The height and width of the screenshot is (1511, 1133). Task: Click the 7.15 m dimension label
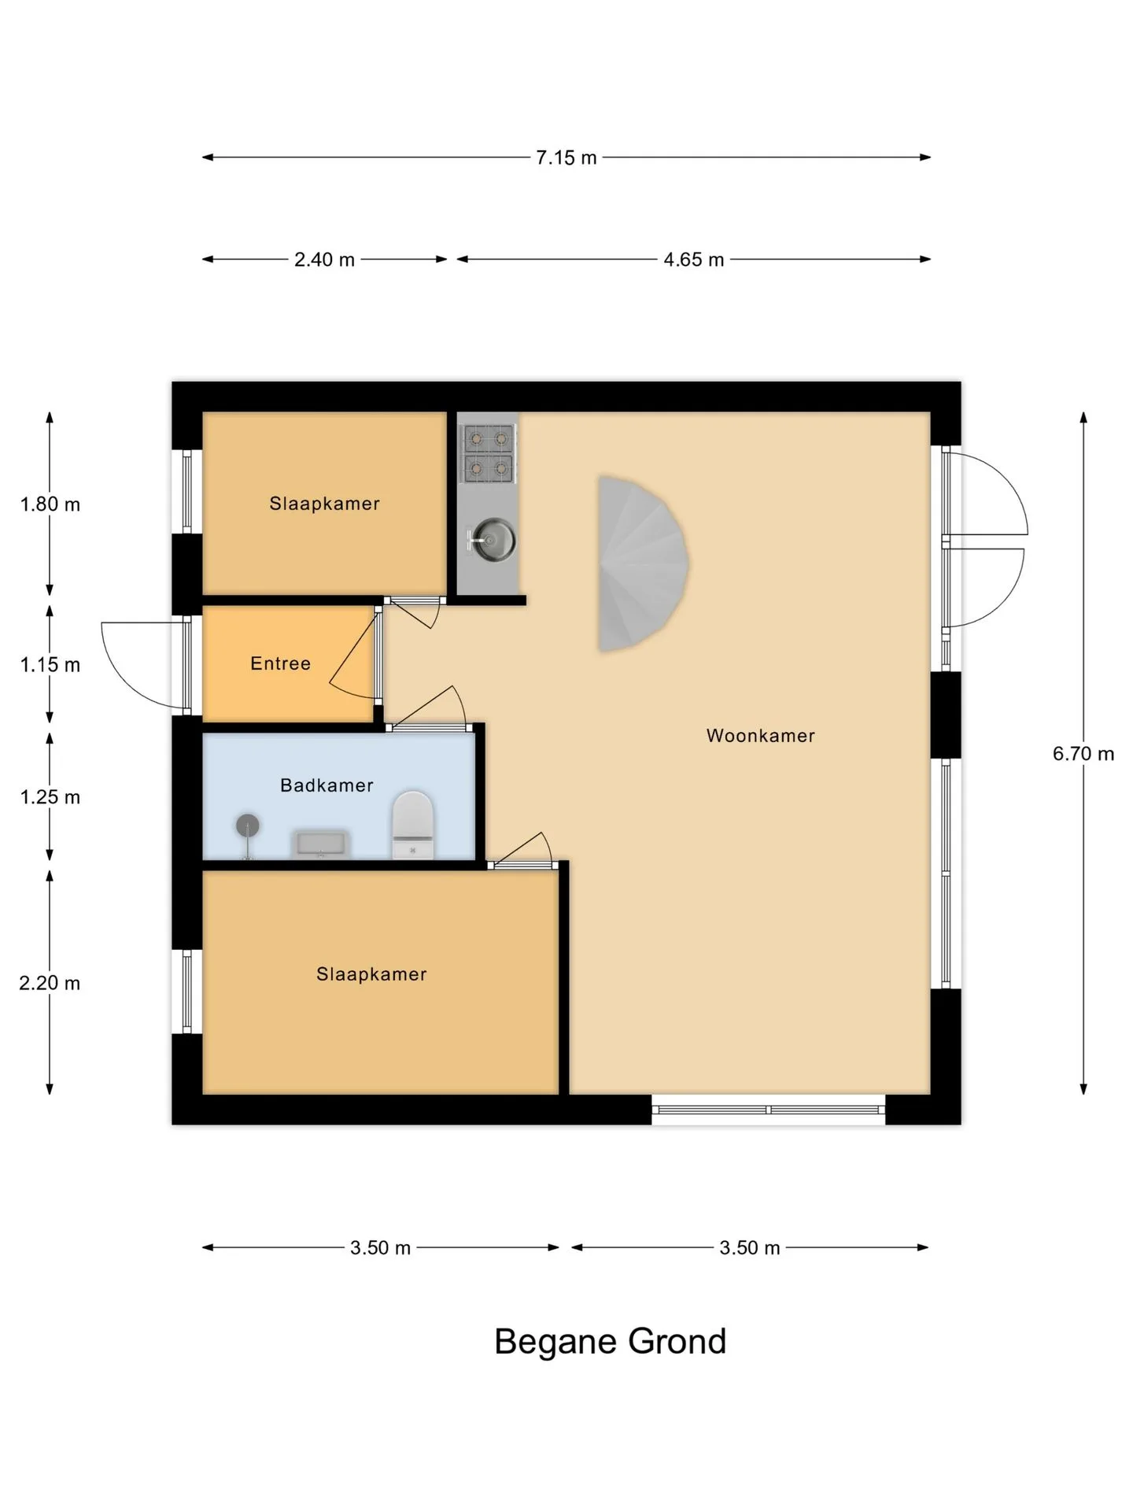(x=566, y=157)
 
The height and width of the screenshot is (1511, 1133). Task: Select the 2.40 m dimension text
(x=324, y=260)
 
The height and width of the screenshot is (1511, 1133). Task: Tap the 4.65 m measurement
(x=693, y=260)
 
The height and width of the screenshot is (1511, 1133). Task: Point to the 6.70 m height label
(x=1083, y=754)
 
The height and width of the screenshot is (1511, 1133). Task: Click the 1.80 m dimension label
(x=50, y=504)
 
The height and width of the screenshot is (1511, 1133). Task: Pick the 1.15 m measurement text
(x=50, y=665)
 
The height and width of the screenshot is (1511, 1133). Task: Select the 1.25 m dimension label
(x=50, y=797)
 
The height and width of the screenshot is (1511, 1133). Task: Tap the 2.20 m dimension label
(x=50, y=983)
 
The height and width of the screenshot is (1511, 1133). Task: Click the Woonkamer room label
(x=760, y=736)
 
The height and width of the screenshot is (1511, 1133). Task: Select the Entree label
(x=280, y=663)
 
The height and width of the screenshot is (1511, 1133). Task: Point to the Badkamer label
(x=327, y=785)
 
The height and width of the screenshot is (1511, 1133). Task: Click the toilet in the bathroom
(x=413, y=825)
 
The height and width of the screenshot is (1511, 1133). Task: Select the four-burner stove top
(x=489, y=453)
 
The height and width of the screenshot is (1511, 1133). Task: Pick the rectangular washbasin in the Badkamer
(x=320, y=844)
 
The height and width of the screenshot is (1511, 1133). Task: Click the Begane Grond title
(x=610, y=1342)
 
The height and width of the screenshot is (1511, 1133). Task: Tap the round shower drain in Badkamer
(x=248, y=826)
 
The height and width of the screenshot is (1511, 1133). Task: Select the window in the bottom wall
(x=769, y=1110)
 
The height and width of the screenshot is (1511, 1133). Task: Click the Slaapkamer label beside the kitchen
(x=324, y=504)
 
